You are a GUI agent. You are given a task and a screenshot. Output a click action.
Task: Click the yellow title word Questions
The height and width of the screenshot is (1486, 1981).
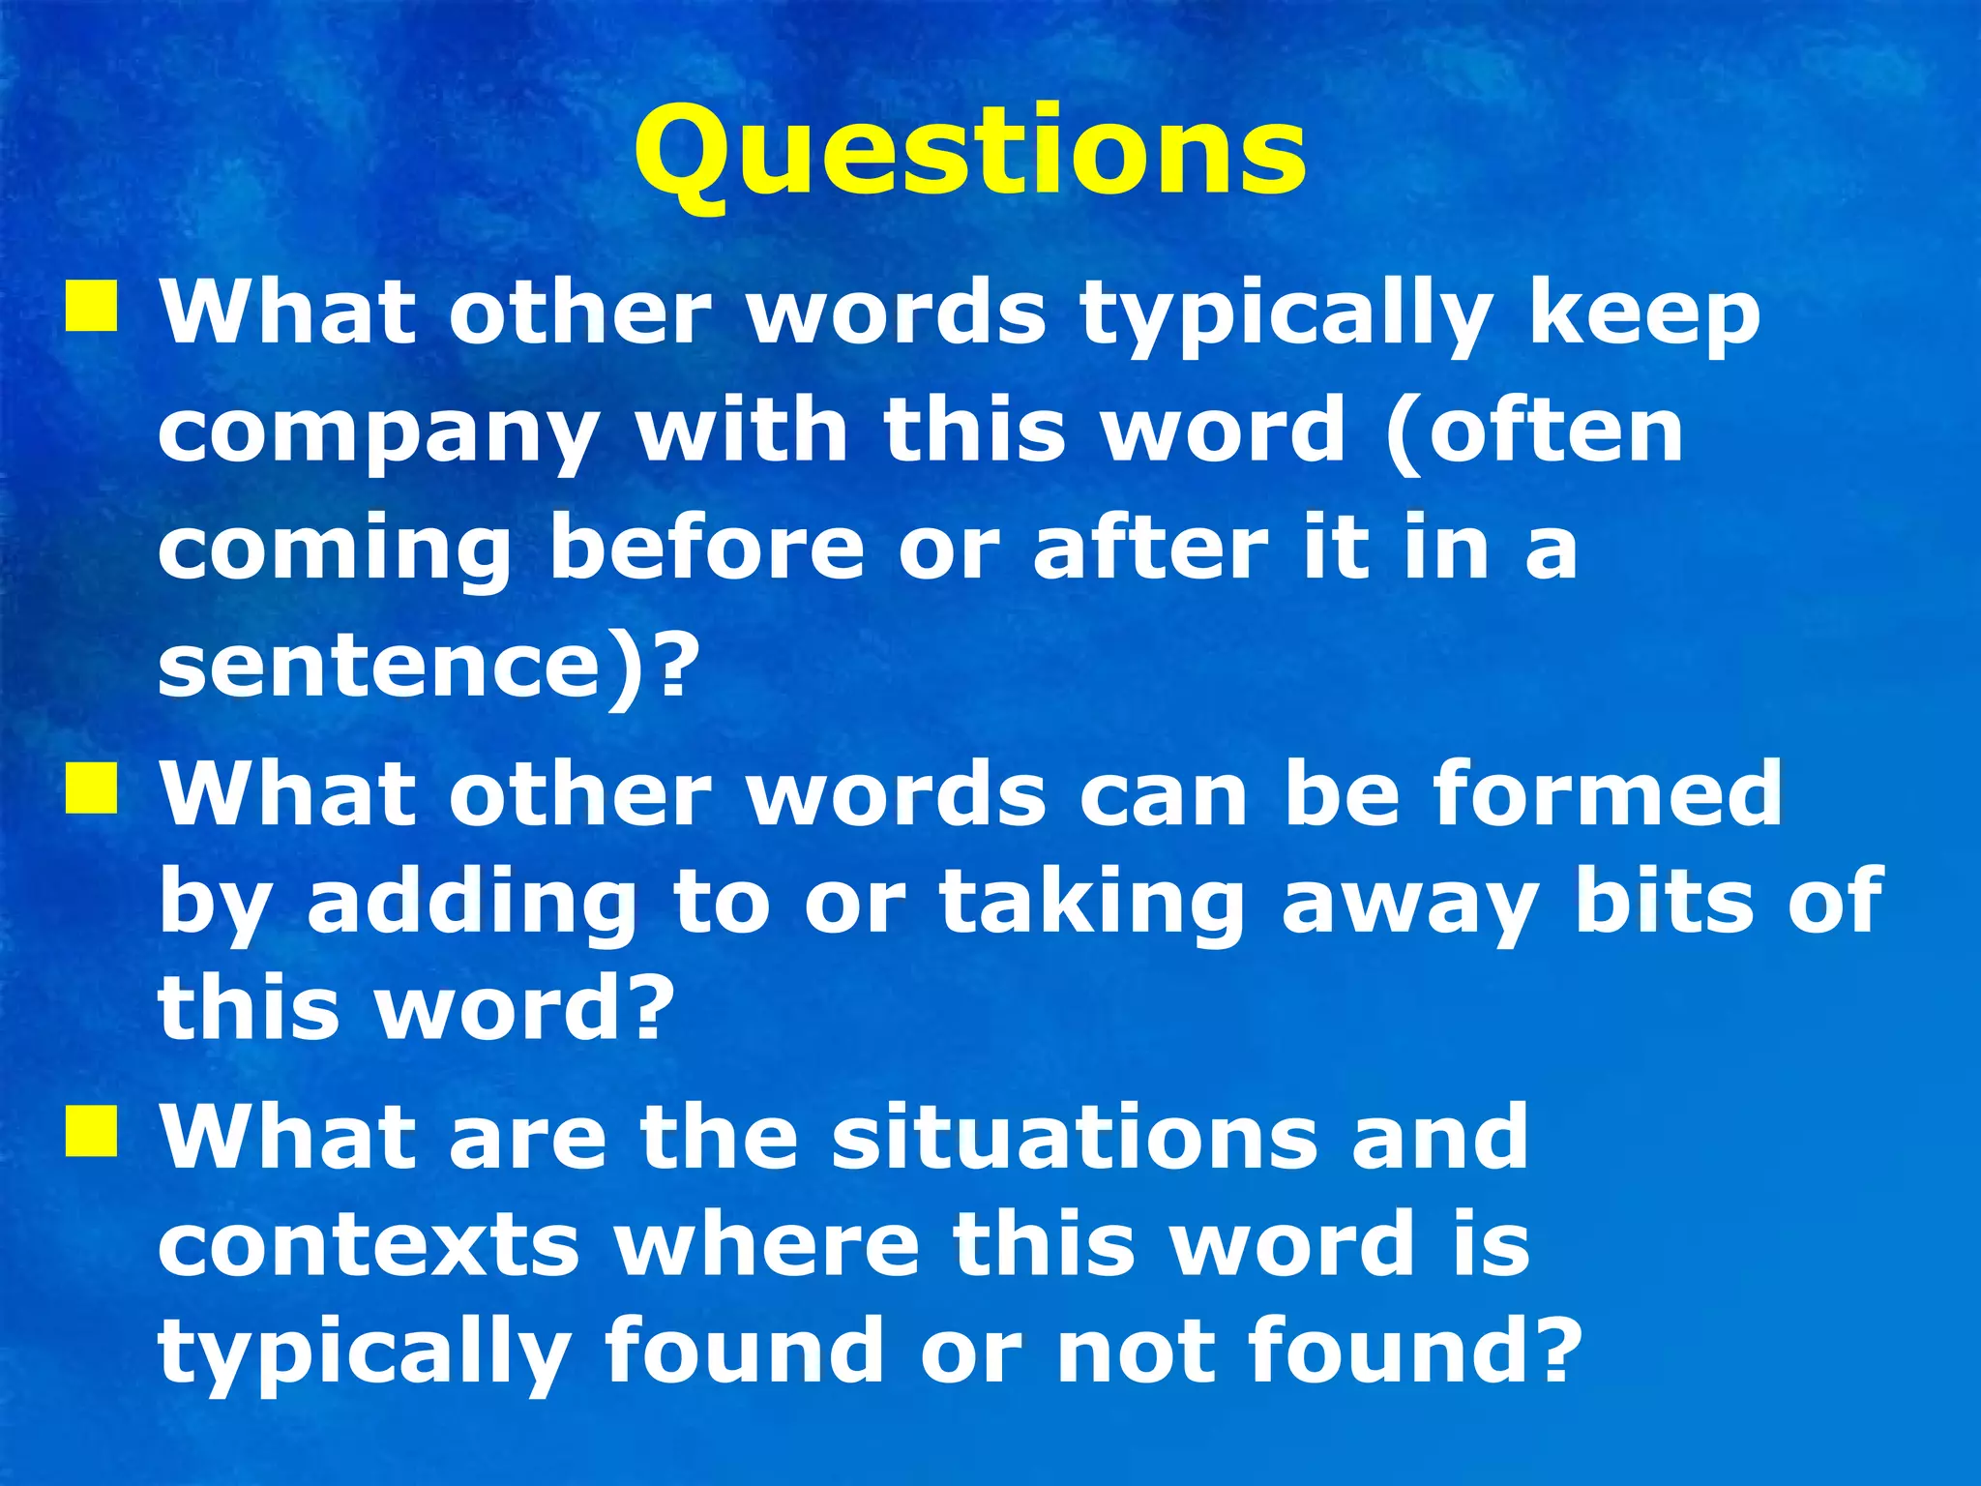[x=970, y=155]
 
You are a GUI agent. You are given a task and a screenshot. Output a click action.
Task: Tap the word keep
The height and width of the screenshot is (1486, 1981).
[x=1644, y=317]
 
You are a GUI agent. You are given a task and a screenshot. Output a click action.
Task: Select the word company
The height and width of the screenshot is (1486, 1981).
[x=378, y=435]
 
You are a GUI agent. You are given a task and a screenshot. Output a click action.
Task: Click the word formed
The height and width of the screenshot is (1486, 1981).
[x=1607, y=793]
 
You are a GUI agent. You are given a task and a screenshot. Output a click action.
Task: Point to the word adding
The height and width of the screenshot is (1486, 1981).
[x=472, y=905]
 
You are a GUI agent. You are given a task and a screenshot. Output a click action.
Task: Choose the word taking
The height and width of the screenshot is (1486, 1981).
[x=1092, y=905]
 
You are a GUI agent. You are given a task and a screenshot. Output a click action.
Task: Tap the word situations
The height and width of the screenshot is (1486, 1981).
[x=1074, y=1137]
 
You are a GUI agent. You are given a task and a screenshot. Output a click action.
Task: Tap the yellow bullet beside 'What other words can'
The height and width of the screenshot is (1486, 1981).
[x=92, y=788]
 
